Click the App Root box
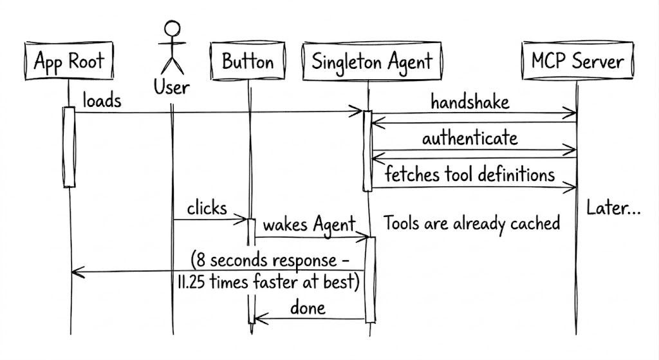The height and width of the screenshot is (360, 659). click(69, 61)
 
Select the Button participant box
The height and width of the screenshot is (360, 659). click(248, 61)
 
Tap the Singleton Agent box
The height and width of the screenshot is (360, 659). click(372, 61)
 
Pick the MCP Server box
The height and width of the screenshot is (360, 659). click(577, 61)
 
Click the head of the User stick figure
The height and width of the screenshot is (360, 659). click(172, 30)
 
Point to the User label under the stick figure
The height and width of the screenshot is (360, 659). click(171, 88)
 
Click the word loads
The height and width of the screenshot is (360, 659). click(102, 100)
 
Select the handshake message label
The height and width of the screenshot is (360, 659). click(470, 102)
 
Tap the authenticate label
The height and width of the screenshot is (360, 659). click(470, 138)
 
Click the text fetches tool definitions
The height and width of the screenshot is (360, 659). click(470, 174)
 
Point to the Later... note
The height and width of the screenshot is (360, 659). click(613, 208)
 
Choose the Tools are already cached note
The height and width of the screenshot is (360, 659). click(472, 223)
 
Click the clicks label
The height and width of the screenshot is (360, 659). click(207, 208)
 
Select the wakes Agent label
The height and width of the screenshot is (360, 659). click(310, 225)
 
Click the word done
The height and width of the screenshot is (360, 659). click(308, 308)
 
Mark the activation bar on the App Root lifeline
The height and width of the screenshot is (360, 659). click(70, 147)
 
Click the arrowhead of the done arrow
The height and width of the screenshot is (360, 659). click(261, 319)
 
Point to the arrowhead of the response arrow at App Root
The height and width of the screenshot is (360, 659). click(77, 272)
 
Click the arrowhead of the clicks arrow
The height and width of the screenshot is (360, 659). click(241, 219)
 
